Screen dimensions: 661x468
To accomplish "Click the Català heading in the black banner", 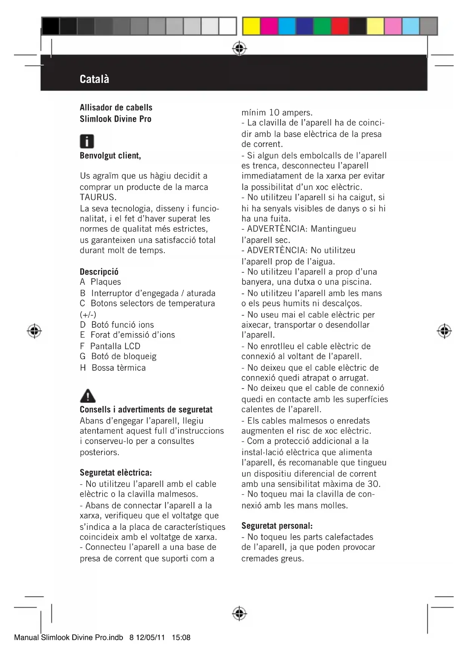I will (94, 79).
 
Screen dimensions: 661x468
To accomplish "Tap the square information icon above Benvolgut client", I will (87, 141).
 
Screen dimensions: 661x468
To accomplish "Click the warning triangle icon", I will (87, 396).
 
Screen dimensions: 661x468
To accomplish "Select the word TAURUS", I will (98, 197).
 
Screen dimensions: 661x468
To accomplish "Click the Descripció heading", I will (99, 272).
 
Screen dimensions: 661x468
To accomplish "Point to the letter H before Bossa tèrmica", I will (83, 368).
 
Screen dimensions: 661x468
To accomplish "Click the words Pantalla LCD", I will (115, 346).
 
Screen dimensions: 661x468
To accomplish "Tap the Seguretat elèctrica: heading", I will (116, 473).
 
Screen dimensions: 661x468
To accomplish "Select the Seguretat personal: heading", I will (277, 526).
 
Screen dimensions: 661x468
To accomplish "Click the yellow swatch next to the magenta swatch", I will (251, 26).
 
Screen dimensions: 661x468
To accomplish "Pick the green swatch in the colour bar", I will (322, 26).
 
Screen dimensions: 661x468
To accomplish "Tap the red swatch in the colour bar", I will (340, 26).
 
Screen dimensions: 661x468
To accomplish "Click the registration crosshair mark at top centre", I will (239, 49).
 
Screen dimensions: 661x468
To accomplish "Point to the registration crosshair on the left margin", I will (34, 331).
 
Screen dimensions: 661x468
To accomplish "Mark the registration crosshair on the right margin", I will (444, 331).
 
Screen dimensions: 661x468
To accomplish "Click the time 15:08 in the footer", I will (181, 638).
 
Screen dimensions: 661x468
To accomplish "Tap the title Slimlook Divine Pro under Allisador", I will (115, 119).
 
